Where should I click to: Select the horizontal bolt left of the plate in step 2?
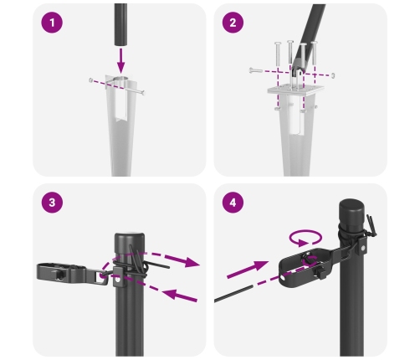[x=261, y=70]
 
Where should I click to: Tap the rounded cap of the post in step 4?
[x=351, y=205]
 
